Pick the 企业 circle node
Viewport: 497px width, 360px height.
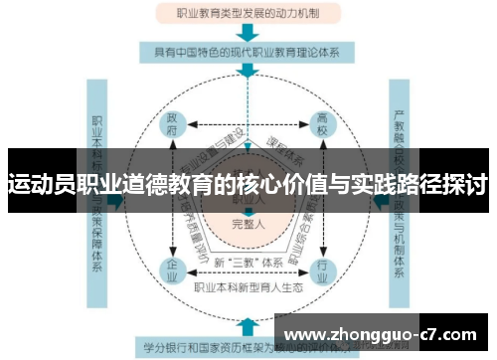click(x=173, y=269)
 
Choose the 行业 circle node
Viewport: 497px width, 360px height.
click(x=321, y=269)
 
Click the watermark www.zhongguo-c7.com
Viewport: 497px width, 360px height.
click(x=386, y=333)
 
